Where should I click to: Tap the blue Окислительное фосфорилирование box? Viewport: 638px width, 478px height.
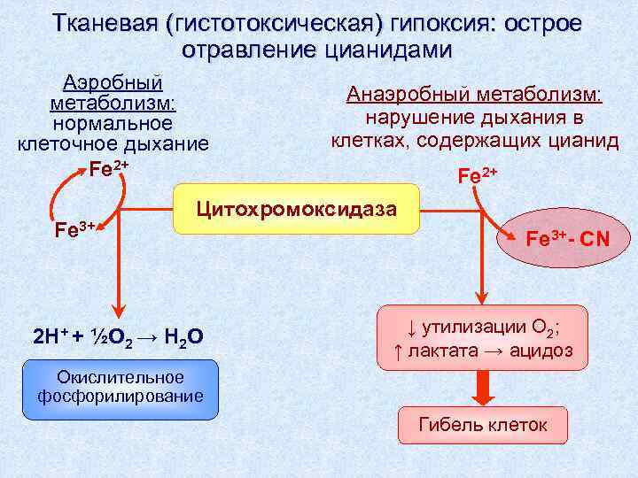click(120, 389)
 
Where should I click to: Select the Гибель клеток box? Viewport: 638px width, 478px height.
click(483, 427)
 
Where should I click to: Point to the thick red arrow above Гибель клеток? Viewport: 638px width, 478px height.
click(483, 385)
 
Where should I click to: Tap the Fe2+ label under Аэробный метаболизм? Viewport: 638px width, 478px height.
click(109, 167)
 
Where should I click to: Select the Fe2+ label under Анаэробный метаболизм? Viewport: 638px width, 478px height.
click(478, 174)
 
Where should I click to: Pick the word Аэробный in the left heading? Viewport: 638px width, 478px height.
click(112, 83)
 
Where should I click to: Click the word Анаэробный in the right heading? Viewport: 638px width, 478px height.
click(408, 95)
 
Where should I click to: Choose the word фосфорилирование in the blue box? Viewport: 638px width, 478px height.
click(120, 397)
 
